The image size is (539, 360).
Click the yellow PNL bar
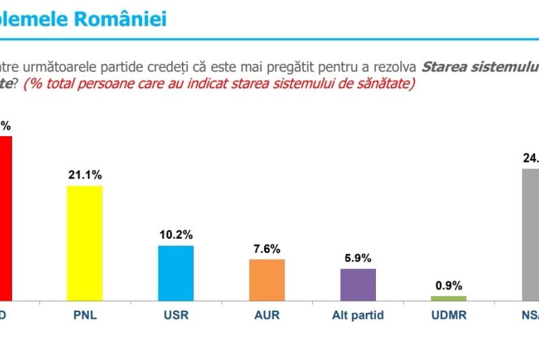pos(85,243)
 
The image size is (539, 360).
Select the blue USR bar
pos(176,272)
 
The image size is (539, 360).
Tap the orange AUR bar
pos(267,280)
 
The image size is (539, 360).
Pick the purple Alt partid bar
pos(358,284)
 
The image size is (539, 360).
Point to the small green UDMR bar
pos(449,298)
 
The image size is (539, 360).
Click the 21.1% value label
pos(85,175)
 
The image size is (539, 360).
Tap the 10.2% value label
pos(176,235)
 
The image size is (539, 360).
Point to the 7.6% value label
pos(267,249)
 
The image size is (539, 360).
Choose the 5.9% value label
pos(358,258)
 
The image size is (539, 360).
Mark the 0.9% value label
pos(449,285)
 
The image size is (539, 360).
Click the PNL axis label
pos(85,314)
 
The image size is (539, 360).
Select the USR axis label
pos(176,314)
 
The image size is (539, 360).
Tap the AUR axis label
pos(267,314)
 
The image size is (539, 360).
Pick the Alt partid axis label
pos(358,314)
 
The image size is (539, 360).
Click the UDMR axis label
pos(449,314)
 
